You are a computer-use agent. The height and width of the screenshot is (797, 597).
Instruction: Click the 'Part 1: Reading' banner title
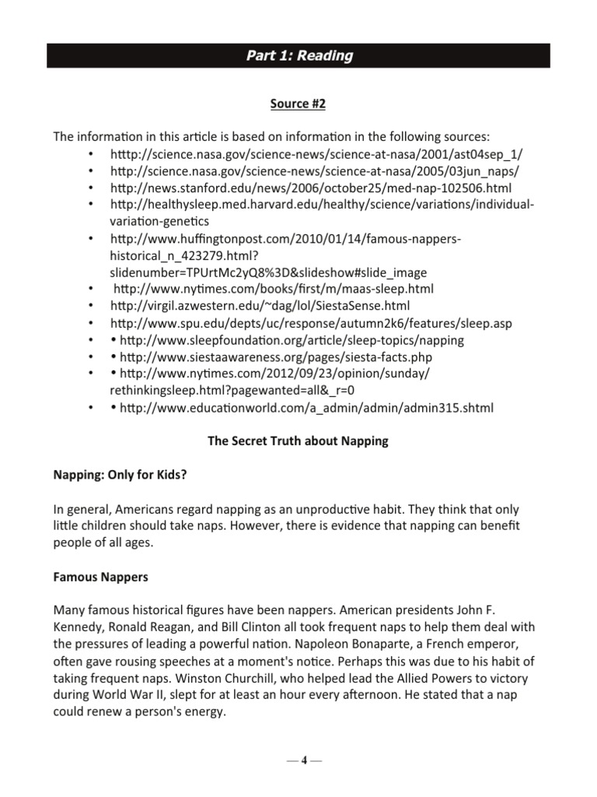click(299, 56)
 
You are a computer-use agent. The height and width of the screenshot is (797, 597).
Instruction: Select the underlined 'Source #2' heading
click(299, 103)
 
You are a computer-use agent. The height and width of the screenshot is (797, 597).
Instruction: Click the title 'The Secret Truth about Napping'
click(298, 441)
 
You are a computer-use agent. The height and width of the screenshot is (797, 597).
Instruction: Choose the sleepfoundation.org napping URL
click(292, 340)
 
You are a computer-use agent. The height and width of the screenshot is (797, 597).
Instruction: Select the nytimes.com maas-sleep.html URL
click(274, 289)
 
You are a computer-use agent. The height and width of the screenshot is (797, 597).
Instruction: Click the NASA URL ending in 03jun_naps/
click(315, 171)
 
